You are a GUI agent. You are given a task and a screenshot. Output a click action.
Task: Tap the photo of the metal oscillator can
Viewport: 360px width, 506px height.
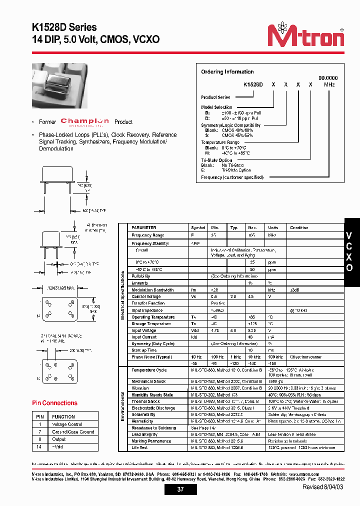point(59,85)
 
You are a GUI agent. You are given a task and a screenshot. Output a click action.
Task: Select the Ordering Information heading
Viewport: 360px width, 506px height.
point(227,72)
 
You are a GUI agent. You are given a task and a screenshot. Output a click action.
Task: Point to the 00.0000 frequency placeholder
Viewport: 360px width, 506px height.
point(328,78)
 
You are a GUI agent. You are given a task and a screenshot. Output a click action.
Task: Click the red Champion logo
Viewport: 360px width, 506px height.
point(84,121)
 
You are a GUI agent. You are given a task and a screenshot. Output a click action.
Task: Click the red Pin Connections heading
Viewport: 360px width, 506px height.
point(54,403)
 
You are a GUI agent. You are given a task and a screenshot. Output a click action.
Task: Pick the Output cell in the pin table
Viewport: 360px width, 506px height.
point(59,439)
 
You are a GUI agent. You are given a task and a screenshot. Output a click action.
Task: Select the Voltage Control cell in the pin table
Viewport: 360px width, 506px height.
point(67,424)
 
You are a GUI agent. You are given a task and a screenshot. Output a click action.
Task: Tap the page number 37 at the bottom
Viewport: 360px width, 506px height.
point(180,489)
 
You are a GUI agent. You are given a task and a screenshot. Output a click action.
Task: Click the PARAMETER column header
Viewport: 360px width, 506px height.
point(143,227)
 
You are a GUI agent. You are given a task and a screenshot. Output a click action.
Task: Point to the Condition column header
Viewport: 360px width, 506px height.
point(299,227)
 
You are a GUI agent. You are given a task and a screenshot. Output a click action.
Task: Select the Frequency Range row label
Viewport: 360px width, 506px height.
point(147,235)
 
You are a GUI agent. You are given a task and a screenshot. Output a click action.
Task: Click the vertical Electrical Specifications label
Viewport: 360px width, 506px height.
point(123,295)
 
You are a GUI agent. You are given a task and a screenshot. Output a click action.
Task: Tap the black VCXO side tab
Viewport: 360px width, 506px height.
point(349,251)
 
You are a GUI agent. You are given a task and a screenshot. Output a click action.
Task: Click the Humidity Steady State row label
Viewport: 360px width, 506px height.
point(152,395)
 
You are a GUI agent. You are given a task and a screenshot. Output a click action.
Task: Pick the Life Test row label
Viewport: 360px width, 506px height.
point(139,447)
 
